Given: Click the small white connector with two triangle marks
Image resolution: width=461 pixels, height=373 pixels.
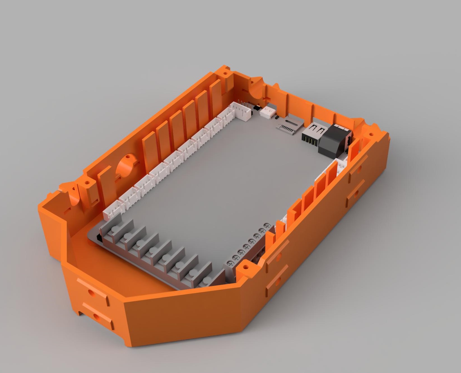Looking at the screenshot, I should (x=268, y=112).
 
